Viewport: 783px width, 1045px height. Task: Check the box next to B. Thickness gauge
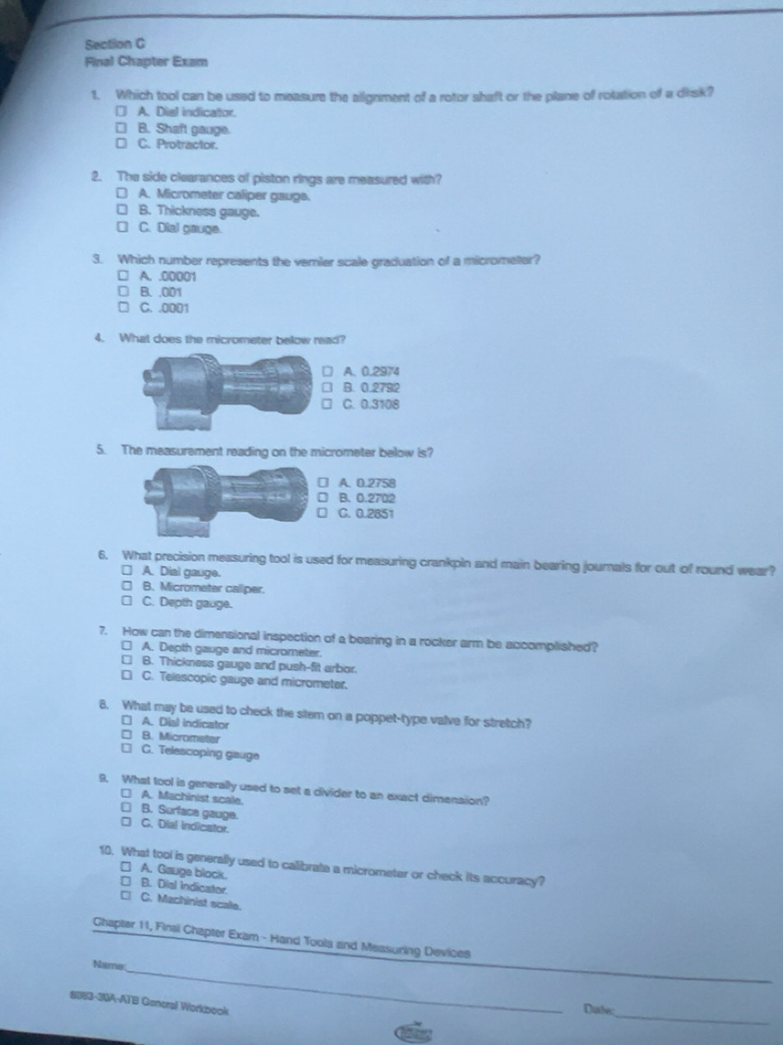coord(121,212)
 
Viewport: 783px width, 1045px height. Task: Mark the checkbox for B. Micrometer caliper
coord(125,588)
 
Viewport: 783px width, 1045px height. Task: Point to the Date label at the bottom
coord(596,1009)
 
